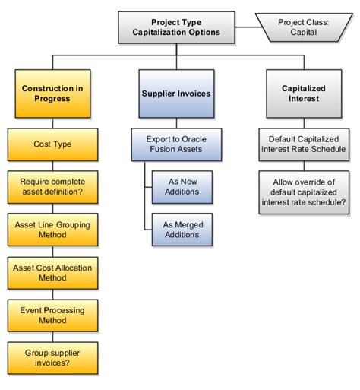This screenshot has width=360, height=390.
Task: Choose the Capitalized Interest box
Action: tap(302, 94)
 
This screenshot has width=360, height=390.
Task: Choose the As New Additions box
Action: tap(182, 187)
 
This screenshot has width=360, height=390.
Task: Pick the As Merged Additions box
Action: tap(182, 230)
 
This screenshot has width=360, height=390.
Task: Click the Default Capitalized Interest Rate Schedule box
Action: tap(302, 144)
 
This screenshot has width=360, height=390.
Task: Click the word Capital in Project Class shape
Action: tap(304, 33)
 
